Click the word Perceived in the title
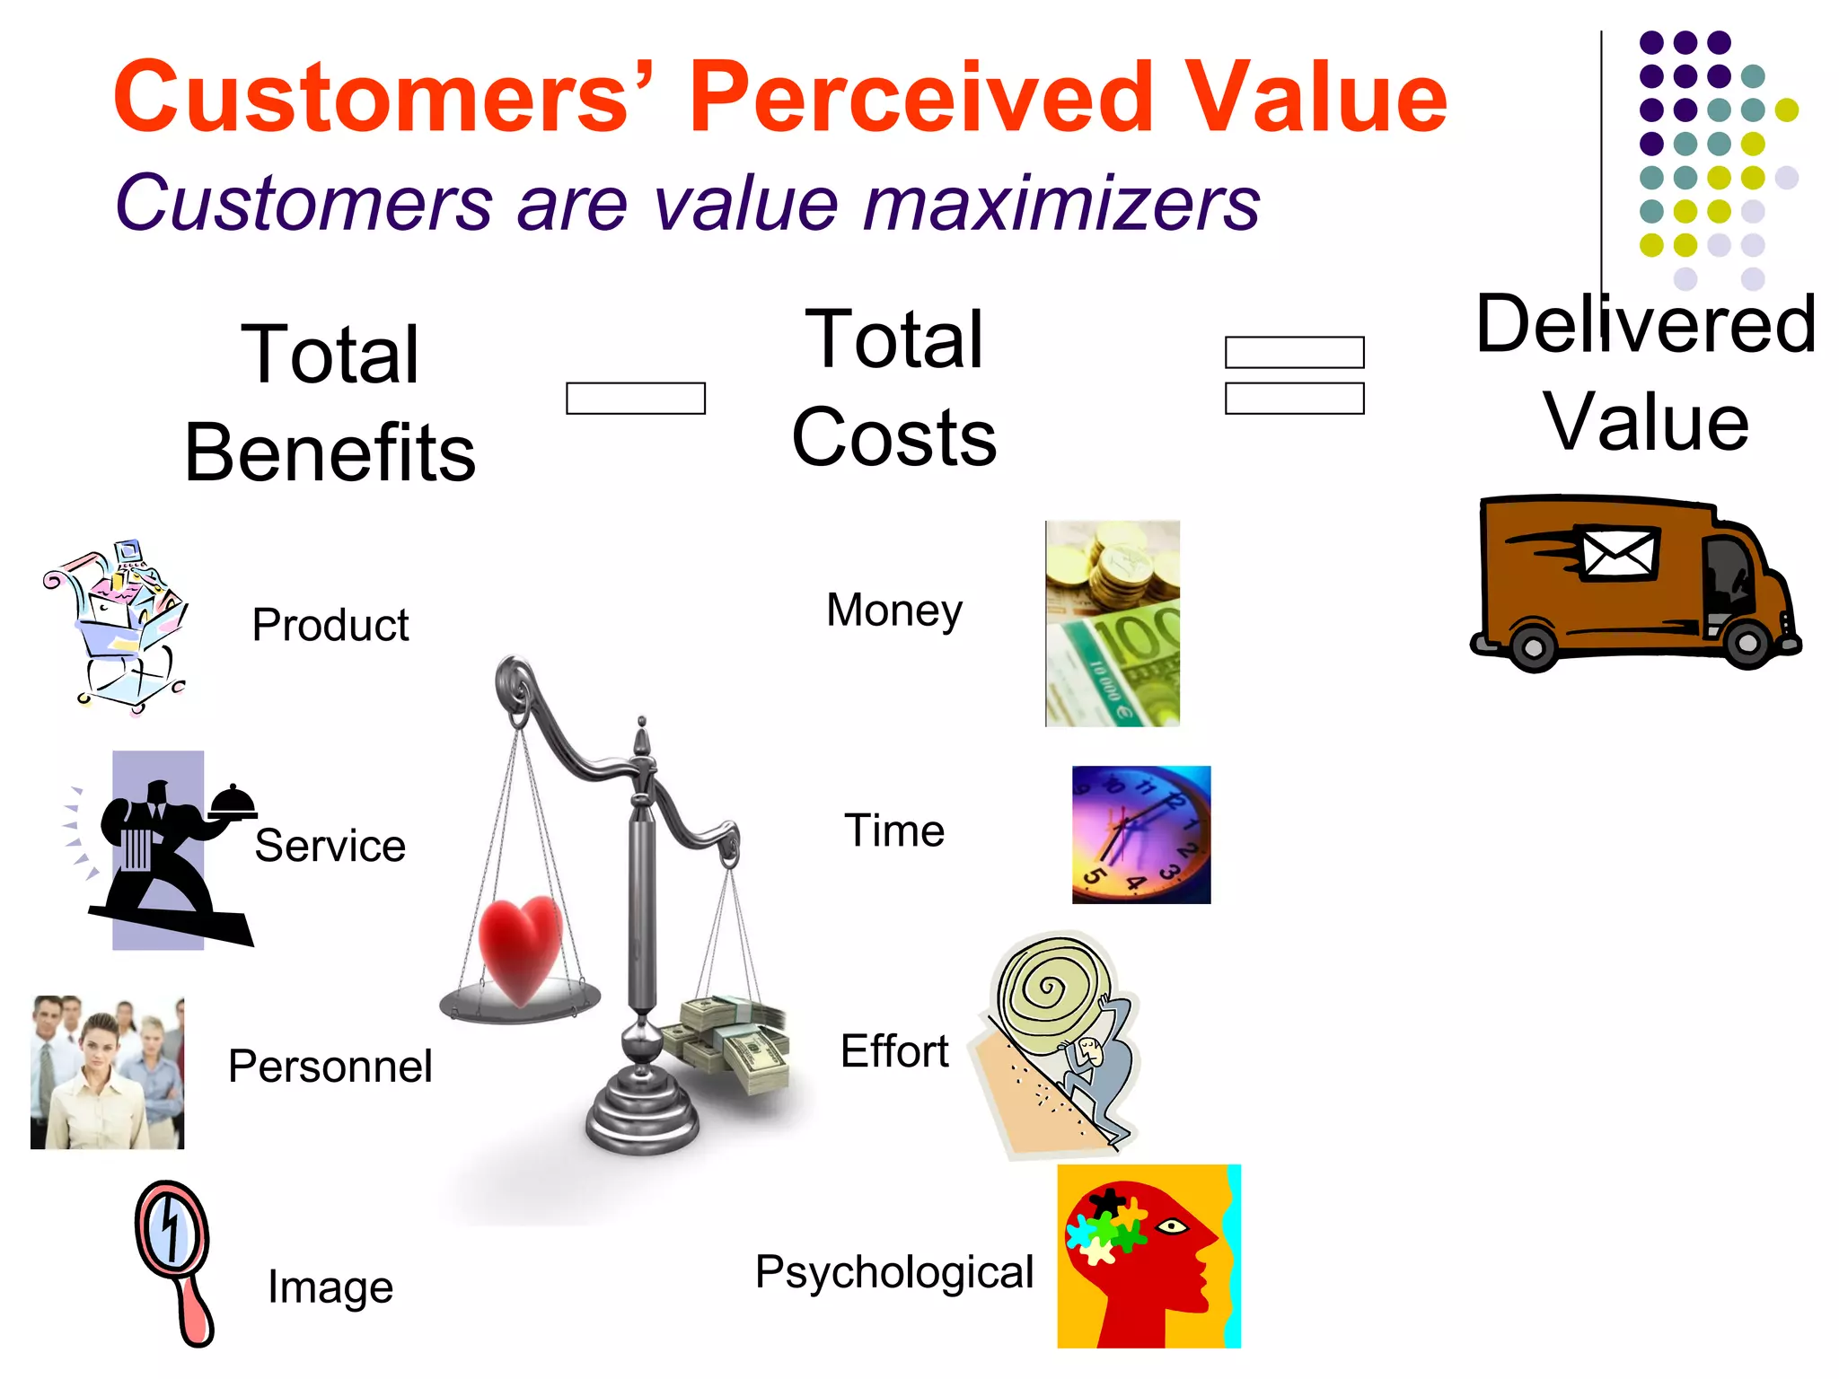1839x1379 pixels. coord(920,97)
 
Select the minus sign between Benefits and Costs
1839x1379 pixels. coord(636,398)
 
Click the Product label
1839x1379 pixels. coord(330,625)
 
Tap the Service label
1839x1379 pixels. coord(330,846)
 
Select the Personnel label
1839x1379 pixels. coord(330,1067)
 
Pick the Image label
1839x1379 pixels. coord(330,1287)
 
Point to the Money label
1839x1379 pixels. coord(894,610)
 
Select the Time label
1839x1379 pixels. coord(894,830)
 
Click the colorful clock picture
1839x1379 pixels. coord(1141,834)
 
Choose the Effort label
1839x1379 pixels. coord(894,1051)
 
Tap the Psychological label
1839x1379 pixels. coord(894,1272)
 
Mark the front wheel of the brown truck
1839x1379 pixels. coord(1747,642)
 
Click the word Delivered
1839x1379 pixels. coord(1645,324)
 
